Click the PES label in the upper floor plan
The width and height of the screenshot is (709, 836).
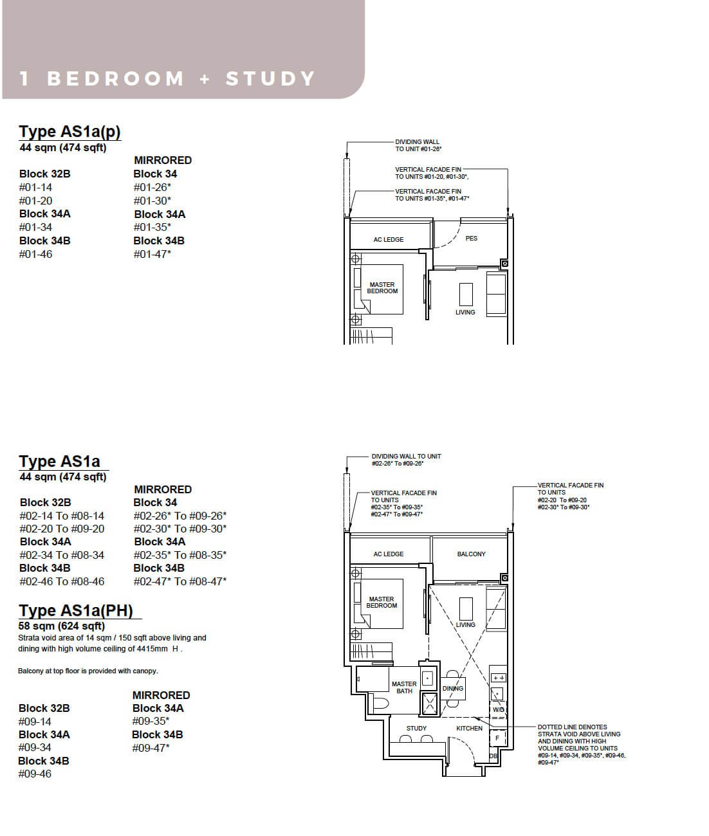(471, 238)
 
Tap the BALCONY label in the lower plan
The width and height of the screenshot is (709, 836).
(471, 554)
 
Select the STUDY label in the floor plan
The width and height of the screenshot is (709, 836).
(416, 728)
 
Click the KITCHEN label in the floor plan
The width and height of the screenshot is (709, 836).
(469, 728)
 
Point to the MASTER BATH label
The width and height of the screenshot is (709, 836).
(404, 687)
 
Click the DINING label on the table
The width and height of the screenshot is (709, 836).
(452, 688)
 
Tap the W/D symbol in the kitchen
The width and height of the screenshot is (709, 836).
(498, 709)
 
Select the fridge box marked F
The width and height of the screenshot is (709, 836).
(498, 738)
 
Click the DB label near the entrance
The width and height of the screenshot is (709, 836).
(493, 756)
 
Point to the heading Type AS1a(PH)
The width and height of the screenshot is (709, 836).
(76, 610)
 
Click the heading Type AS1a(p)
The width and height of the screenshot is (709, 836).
(69, 131)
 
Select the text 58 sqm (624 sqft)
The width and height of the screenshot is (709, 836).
(62, 626)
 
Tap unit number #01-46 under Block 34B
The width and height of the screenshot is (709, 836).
(35, 254)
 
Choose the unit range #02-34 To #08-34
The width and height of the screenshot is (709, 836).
(62, 555)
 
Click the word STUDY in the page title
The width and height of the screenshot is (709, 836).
(270, 78)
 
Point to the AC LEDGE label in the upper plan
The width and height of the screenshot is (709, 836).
(388, 239)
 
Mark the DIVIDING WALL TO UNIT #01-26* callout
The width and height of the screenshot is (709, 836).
(418, 145)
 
